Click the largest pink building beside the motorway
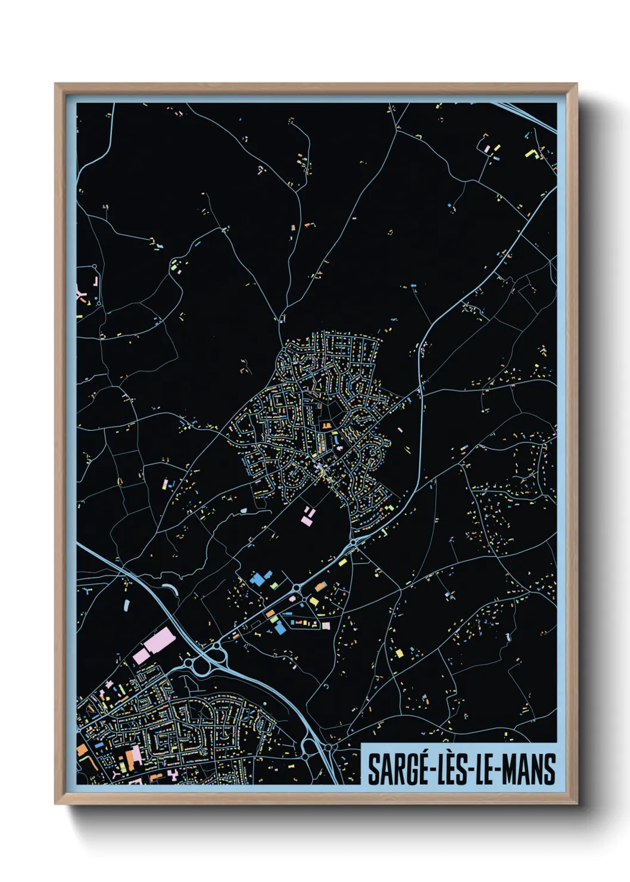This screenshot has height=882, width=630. point(158,640)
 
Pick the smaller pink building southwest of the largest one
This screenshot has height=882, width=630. point(141,656)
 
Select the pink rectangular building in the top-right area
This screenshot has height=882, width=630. point(486,148)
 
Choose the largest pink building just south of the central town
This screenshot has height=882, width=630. point(306,520)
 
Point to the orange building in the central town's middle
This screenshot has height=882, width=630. point(326,426)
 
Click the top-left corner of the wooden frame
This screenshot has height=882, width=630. point(55,84)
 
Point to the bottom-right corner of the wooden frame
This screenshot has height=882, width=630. point(576,803)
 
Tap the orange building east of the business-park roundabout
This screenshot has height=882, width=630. point(320,587)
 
